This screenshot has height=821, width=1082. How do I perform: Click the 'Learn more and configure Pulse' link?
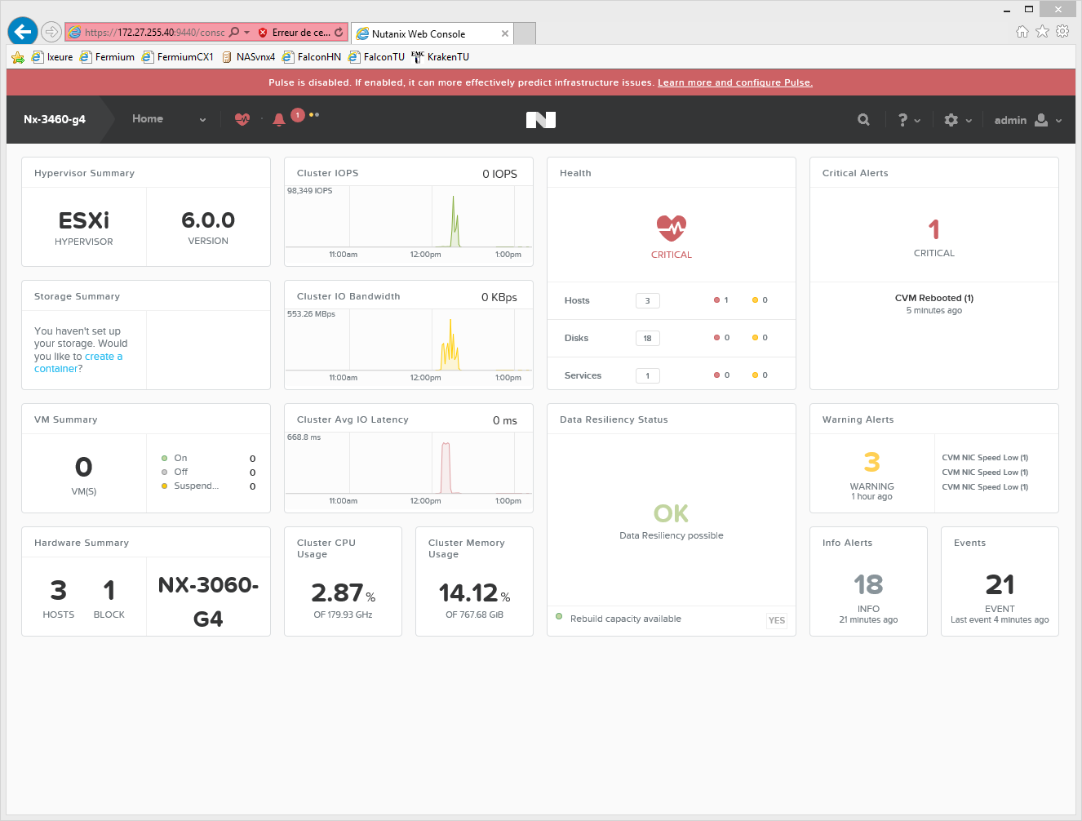tap(735, 82)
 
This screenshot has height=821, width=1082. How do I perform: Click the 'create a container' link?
tap(79, 362)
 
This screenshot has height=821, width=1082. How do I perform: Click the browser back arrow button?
tap(23, 32)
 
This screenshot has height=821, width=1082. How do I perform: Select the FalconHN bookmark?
tap(312, 57)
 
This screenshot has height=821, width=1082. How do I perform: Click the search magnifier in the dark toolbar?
tap(863, 120)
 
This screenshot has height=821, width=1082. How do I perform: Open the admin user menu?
tap(1028, 120)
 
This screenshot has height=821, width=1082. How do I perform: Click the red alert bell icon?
tap(279, 120)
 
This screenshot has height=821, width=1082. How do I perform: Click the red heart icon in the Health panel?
tap(672, 229)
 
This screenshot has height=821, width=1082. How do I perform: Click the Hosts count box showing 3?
tap(647, 300)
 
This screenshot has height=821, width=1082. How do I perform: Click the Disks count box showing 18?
tap(647, 338)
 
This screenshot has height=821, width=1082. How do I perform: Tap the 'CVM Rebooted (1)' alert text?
tap(934, 298)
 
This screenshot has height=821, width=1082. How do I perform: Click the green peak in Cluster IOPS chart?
tap(454, 197)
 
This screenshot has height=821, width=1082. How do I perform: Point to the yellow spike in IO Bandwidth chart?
tap(450, 322)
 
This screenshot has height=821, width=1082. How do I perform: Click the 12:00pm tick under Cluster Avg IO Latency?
tap(425, 501)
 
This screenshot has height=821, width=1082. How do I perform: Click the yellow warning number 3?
tap(871, 462)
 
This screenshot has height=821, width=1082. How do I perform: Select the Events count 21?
tap(1000, 585)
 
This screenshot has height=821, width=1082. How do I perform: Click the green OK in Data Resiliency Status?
tap(671, 513)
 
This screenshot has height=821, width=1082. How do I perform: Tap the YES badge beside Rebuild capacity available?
tap(776, 620)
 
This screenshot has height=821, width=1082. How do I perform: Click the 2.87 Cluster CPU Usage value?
tap(337, 592)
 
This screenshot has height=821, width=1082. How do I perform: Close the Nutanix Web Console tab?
tap(505, 33)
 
